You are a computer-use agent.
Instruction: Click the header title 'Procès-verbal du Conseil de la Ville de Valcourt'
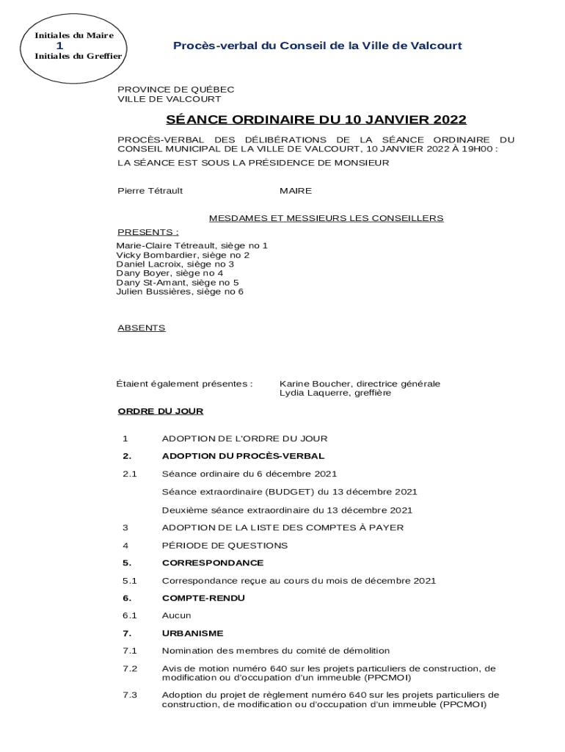point(317,46)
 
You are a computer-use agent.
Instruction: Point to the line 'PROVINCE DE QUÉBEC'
point(175,90)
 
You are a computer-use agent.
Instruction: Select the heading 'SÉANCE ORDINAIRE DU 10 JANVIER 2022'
point(316,120)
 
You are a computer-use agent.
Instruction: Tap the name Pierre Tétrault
point(150,191)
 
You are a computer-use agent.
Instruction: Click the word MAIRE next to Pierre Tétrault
point(295,191)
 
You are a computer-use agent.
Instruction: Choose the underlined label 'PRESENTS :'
point(147,232)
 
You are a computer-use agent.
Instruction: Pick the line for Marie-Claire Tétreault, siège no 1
point(192,245)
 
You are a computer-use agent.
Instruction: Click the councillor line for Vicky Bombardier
point(183,255)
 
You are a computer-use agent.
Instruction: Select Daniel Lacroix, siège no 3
point(175,264)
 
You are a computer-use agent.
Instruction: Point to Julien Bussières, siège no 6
point(180,292)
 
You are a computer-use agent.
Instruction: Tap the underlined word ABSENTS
point(141,328)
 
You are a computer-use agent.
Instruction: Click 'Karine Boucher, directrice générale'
point(360,383)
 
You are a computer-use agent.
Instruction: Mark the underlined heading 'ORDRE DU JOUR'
point(160,411)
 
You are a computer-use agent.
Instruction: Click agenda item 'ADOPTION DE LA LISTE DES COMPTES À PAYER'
point(282,527)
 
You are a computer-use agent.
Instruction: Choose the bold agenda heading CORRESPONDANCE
point(212,563)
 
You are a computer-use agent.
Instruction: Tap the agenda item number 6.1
point(130,615)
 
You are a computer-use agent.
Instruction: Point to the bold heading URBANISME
point(192,633)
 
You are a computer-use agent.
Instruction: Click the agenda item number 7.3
point(130,695)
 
